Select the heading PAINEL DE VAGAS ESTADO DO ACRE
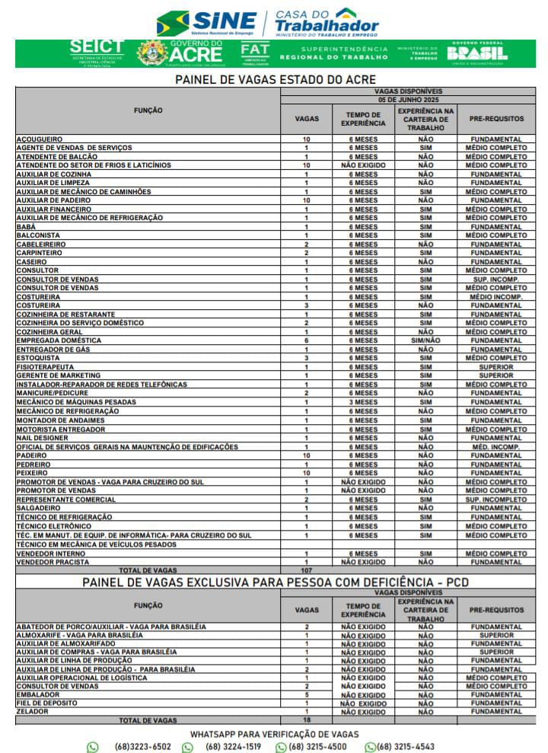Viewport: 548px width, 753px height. [x=275, y=79]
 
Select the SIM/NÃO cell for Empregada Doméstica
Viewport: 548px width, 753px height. [x=425, y=340]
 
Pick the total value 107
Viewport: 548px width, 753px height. [x=307, y=570]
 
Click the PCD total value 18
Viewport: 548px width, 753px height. [x=307, y=719]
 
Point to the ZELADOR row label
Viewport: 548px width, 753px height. [x=33, y=711]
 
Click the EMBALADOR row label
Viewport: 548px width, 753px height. [x=38, y=694]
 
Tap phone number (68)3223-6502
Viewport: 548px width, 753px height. [x=142, y=747]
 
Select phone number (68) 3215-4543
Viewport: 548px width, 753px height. [x=406, y=747]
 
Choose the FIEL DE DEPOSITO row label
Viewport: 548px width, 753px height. [x=47, y=703]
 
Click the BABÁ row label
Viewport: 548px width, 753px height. [x=26, y=227]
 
